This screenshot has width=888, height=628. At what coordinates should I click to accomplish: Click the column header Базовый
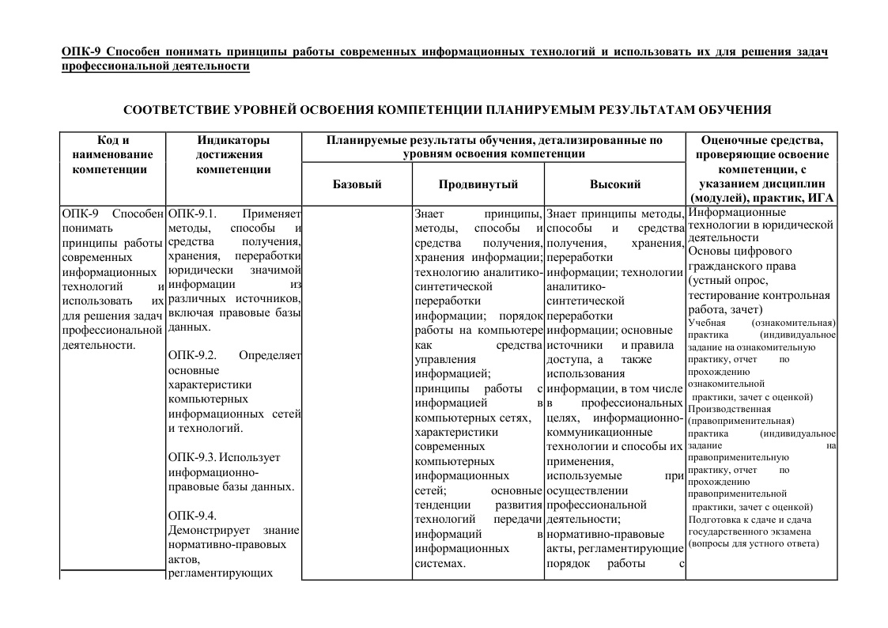click(357, 184)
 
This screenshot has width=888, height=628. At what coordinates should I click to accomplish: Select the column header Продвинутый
click(478, 184)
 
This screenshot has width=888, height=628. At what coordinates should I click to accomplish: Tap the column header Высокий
click(614, 184)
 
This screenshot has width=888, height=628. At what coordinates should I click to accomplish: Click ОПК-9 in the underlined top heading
click(79, 52)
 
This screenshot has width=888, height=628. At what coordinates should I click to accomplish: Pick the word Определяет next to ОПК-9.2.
click(270, 355)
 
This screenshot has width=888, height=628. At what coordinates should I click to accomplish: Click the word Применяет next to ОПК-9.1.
click(272, 214)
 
